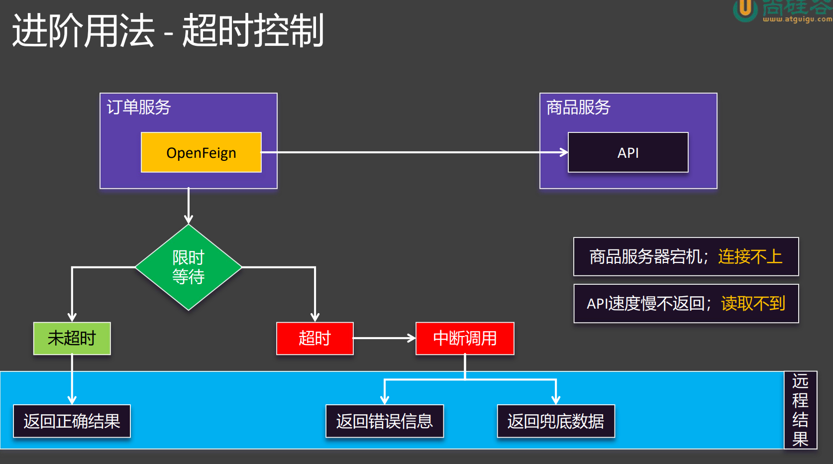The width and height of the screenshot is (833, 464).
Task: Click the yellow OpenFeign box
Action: point(201,152)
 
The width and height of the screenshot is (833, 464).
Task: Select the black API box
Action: point(628,152)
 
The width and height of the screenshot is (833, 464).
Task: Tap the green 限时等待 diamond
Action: point(189,267)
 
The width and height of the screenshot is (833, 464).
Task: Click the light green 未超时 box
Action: point(72,338)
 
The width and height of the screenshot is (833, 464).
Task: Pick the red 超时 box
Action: point(314,338)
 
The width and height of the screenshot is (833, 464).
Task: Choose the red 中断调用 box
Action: point(465,338)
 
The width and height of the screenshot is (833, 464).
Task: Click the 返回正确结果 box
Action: point(72,421)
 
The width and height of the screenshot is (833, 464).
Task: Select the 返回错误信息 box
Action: point(385,421)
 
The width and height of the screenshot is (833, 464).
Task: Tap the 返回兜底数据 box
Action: point(556,421)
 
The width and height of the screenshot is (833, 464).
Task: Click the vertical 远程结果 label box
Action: point(800,410)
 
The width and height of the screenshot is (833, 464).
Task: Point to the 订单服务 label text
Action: point(139,107)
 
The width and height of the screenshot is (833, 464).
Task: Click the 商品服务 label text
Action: point(578,107)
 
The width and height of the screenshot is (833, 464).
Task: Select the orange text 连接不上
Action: point(750,257)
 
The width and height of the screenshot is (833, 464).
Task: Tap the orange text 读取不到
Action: point(753,304)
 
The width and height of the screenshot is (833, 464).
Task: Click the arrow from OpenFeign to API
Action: point(415,152)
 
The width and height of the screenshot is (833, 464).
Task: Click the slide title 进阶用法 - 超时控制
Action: point(168,30)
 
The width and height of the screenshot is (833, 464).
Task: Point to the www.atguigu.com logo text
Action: point(797,19)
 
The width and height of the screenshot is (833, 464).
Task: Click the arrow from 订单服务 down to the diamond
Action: point(189,206)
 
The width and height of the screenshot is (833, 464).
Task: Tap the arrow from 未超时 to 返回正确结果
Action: point(72,379)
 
